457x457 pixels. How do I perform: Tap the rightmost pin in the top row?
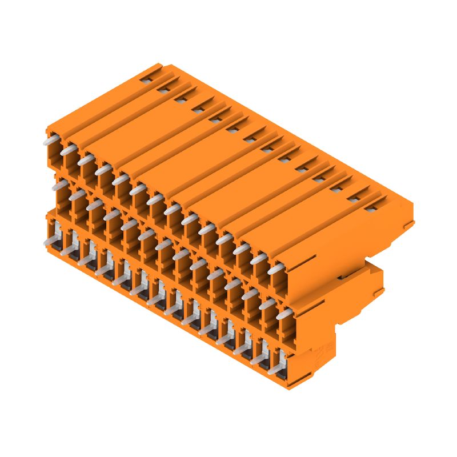275,268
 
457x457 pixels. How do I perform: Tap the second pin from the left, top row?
68,150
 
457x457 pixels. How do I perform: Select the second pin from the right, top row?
258,259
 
